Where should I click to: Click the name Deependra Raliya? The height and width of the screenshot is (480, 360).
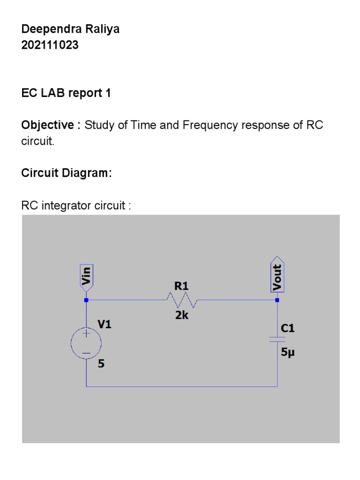pos(70,29)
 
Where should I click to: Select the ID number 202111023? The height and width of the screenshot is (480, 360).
pos(50,45)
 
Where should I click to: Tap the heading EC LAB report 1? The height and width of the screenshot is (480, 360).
pos(66,93)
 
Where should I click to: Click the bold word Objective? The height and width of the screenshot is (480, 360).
pos(48,126)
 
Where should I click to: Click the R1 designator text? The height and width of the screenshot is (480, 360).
pos(181,286)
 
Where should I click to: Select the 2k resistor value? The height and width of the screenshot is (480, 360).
pos(182,315)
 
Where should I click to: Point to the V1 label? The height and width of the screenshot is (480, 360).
pos(105,324)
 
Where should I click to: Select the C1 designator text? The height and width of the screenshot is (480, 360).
pos(288,329)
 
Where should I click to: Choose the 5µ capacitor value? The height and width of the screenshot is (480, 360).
pos(288,353)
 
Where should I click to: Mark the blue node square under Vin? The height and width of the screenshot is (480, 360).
pos(86,300)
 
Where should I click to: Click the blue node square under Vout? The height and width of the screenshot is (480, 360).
pos(277,300)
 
